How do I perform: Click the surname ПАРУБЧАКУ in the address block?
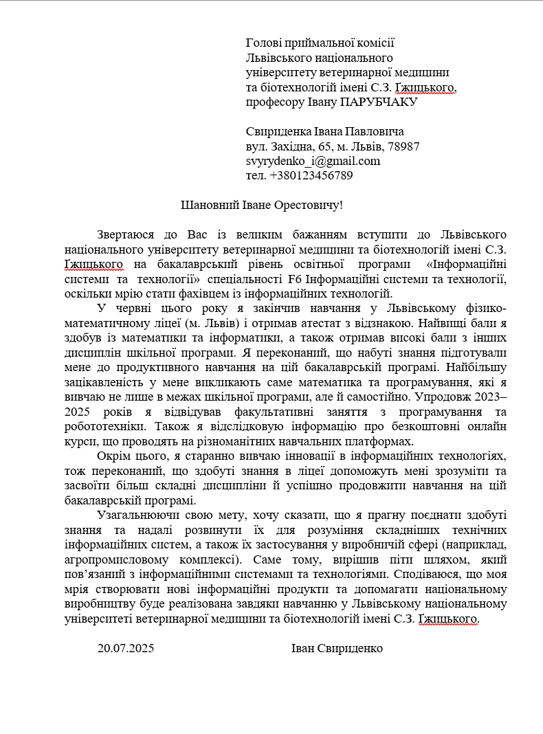click(379, 102)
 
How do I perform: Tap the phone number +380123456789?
click(311, 175)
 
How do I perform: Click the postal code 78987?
click(404, 146)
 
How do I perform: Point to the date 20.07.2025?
click(126, 648)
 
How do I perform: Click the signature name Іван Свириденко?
click(337, 648)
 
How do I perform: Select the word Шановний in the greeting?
click(204, 205)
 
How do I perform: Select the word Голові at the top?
click(263, 43)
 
